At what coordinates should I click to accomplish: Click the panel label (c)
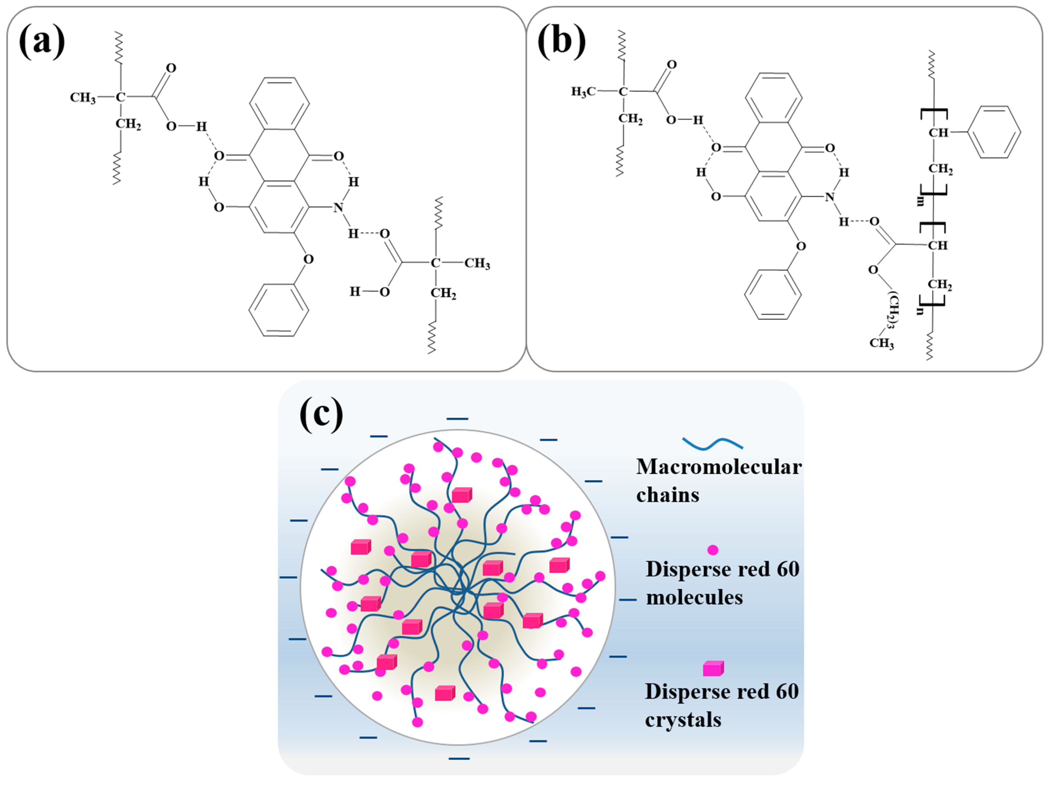pos(322,415)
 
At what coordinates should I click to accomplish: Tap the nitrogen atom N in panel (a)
pos(338,208)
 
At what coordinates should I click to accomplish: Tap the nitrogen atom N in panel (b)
pos(829,197)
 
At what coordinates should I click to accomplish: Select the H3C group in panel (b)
pos(583,92)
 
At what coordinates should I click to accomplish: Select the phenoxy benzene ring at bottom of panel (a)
pos(279,310)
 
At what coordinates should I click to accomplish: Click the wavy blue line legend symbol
pos(712,443)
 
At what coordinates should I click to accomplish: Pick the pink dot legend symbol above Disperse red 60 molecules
pos(712,550)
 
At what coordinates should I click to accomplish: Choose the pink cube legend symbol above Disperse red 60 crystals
pos(713,668)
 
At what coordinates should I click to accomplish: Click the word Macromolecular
pos(719,467)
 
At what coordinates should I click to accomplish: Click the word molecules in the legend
pos(694,598)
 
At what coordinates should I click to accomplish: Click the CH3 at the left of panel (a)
pos(83,98)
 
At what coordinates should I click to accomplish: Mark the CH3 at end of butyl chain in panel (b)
pos(881,343)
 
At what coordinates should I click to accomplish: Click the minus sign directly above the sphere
pos(457,419)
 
